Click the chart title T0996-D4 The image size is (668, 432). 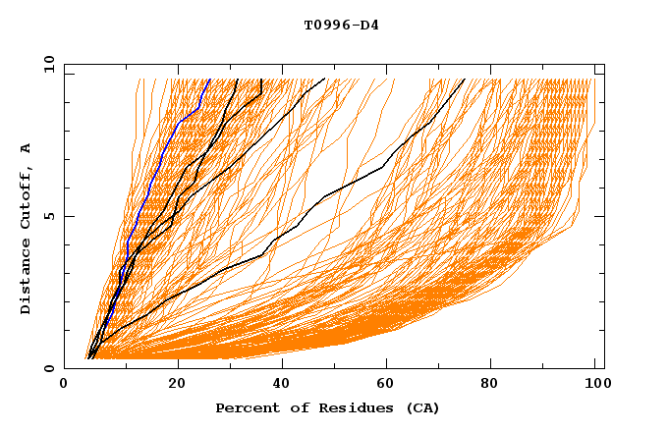tap(341, 25)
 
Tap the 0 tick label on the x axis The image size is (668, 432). tap(64, 386)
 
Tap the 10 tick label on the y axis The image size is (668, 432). tap(47, 64)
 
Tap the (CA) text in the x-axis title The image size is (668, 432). tap(424, 407)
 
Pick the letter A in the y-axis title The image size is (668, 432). tap(27, 147)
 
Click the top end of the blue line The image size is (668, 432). tap(209, 80)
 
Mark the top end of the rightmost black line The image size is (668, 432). tap(466, 80)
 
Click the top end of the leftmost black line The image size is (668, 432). tap(237, 80)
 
